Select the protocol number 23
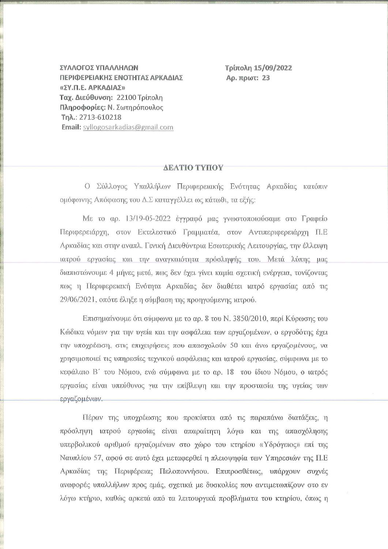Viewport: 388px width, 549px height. [266, 78]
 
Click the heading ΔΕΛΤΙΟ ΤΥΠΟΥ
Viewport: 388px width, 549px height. [193, 168]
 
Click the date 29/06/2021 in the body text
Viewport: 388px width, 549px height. [77, 300]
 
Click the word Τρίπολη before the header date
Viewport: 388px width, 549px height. [238, 68]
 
